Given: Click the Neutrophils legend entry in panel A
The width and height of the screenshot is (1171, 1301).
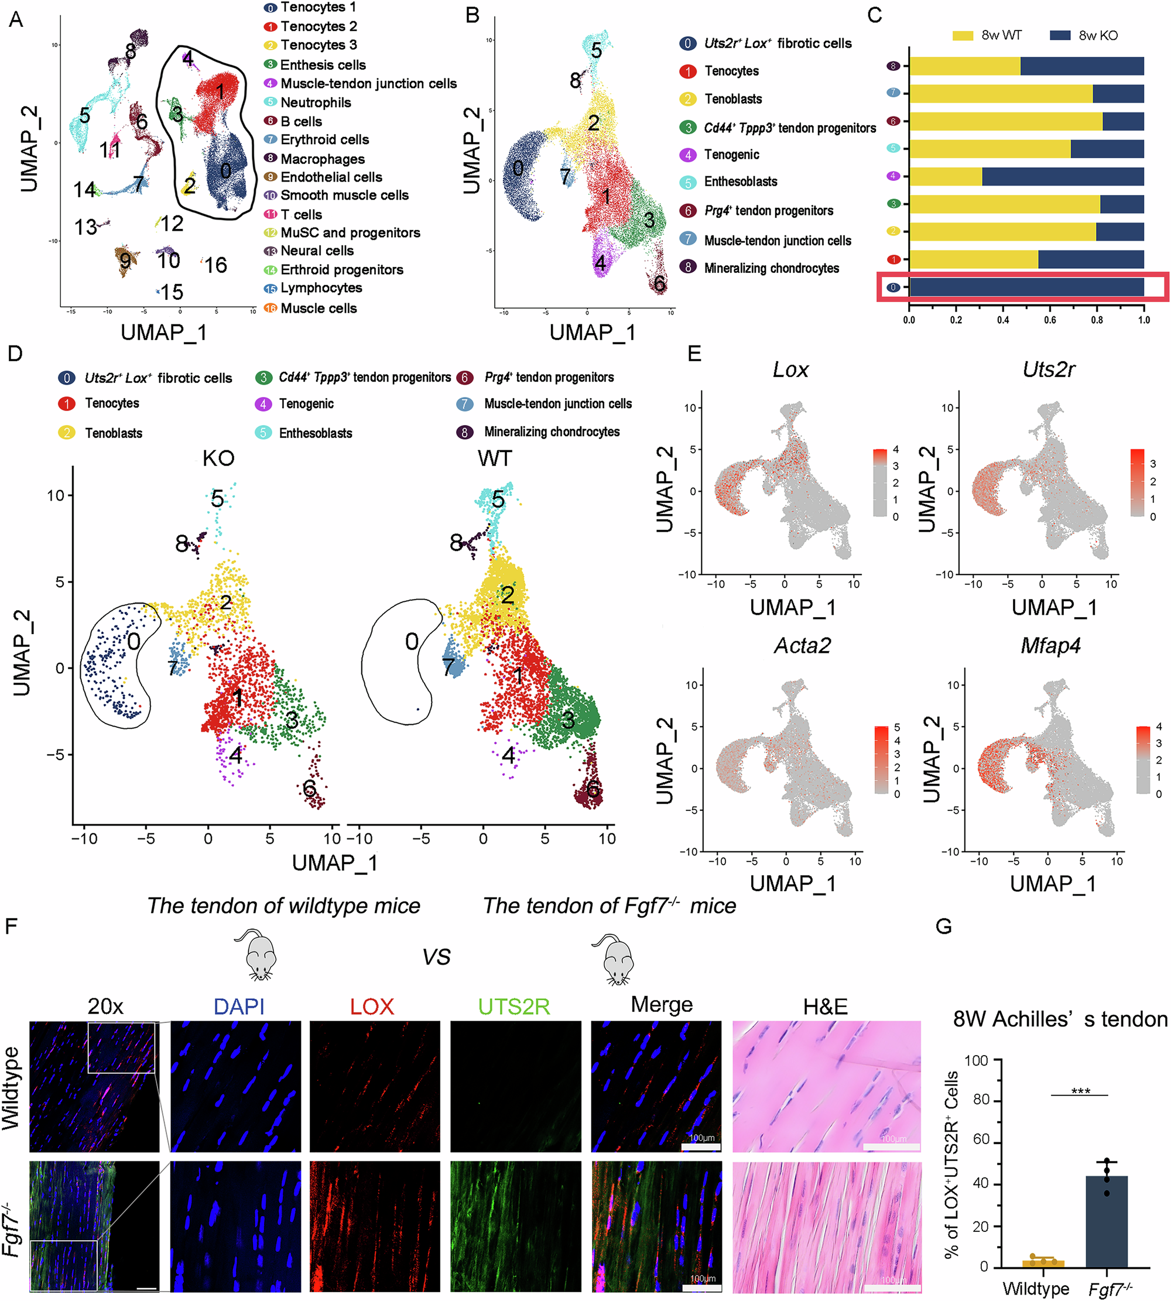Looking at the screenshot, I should (x=314, y=102).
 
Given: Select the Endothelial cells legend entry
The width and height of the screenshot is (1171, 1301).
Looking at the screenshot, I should (x=331, y=177).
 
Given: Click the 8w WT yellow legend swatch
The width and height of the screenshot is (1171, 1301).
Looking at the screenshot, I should (x=963, y=35).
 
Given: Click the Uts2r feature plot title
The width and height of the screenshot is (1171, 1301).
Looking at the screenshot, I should (x=1048, y=369).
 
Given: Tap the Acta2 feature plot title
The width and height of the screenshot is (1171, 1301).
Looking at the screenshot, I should (x=802, y=645).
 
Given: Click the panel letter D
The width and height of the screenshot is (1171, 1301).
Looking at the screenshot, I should (x=14, y=353).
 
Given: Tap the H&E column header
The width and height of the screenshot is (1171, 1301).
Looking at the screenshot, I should (x=825, y=1006).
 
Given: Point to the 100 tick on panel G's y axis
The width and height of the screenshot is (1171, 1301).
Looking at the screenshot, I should (x=976, y=1060).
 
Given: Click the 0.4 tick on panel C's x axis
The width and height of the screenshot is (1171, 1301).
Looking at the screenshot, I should (x=1003, y=320).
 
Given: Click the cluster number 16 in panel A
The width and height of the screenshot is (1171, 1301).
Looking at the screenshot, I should (x=215, y=265).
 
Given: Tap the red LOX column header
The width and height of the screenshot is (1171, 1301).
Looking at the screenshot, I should (x=372, y=1006).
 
